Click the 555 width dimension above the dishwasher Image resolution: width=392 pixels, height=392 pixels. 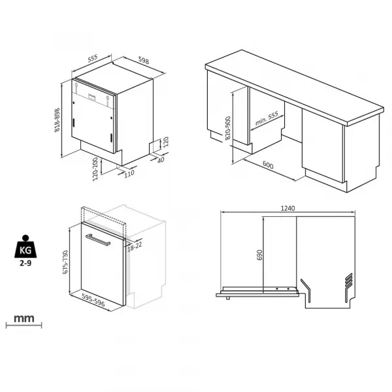pyautogui.click(x=93, y=59)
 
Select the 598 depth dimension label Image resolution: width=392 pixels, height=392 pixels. pyautogui.click(x=144, y=61)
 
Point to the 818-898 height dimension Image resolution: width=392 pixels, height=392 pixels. pyautogui.click(x=57, y=120)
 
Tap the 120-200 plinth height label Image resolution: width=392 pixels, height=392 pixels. pyautogui.click(x=95, y=169)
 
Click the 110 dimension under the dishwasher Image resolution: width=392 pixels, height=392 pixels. pyautogui.click(x=129, y=173)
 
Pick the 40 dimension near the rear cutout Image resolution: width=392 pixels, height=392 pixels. pyautogui.click(x=161, y=159)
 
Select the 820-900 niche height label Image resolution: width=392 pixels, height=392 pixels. pyautogui.click(x=228, y=128)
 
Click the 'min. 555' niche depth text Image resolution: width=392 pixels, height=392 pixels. pyautogui.click(x=267, y=118)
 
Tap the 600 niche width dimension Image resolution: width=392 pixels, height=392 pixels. pyautogui.click(x=268, y=165)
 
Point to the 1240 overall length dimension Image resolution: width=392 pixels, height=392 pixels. pyautogui.click(x=288, y=208)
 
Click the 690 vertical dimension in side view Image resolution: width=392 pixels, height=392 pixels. pyautogui.click(x=260, y=255)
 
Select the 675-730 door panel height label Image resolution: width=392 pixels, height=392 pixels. pyautogui.click(x=65, y=262)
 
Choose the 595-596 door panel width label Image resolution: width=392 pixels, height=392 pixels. pyautogui.click(x=93, y=299)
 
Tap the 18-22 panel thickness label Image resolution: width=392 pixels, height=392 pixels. pyautogui.click(x=135, y=247)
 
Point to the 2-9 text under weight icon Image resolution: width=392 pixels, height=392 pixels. pyautogui.click(x=25, y=263)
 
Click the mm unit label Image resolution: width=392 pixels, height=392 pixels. pyautogui.click(x=24, y=319)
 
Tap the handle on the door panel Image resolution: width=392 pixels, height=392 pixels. pyautogui.click(x=98, y=240)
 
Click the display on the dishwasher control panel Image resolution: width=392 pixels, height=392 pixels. pyautogui.click(x=91, y=97)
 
